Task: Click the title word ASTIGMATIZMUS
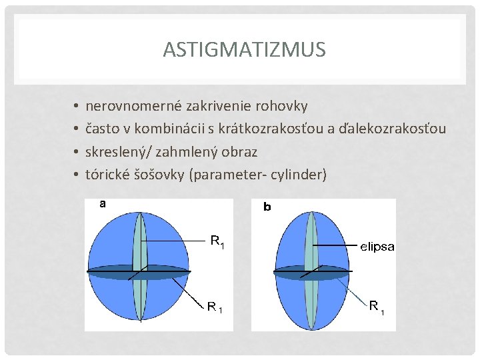pyautogui.click(x=244, y=50)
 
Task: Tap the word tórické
pyautogui.click(x=107, y=175)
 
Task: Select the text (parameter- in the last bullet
pyautogui.click(x=226, y=175)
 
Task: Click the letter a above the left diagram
pyautogui.click(x=103, y=205)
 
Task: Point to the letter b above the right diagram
pyautogui.click(x=267, y=207)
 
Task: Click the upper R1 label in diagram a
pyautogui.click(x=217, y=241)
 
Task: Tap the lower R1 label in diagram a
pyautogui.click(x=215, y=308)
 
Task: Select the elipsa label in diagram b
pyautogui.click(x=377, y=247)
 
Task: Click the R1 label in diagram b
pyautogui.click(x=377, y=307)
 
